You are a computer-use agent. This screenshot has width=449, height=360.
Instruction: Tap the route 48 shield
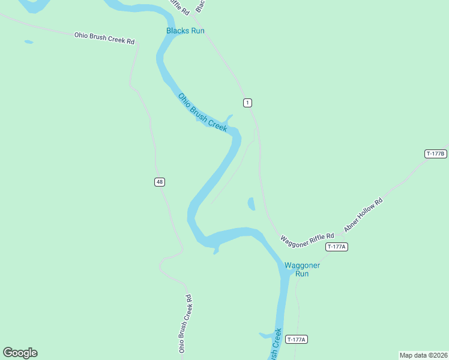tap(159, 182)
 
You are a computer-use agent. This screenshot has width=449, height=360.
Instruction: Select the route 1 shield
tap(247, 103)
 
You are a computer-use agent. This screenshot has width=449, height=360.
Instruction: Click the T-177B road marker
tap(436, 154)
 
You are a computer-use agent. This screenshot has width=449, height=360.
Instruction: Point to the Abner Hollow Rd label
tap(363, 215)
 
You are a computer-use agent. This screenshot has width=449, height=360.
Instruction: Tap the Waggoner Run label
tap(302, 269)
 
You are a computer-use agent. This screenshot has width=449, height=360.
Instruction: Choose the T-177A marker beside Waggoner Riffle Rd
tap(337, 247)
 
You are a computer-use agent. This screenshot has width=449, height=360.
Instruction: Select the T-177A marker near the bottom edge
tap(297, 340)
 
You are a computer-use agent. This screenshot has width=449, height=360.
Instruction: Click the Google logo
tap(20, 353)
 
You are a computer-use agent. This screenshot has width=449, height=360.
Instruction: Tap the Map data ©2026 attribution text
tap(423, 355)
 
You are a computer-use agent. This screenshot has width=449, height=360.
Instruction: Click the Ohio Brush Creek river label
tap(203, 112)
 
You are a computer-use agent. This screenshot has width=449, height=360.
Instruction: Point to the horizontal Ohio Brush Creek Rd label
tap(104, 38)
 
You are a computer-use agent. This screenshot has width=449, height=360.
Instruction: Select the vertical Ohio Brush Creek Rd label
tap(185, 323)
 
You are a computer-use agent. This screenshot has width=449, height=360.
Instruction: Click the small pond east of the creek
tap(251, 204)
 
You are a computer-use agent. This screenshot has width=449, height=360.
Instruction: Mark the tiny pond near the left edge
tap(29, 42)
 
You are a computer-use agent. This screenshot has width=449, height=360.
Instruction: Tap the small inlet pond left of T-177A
tap(266, 335)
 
